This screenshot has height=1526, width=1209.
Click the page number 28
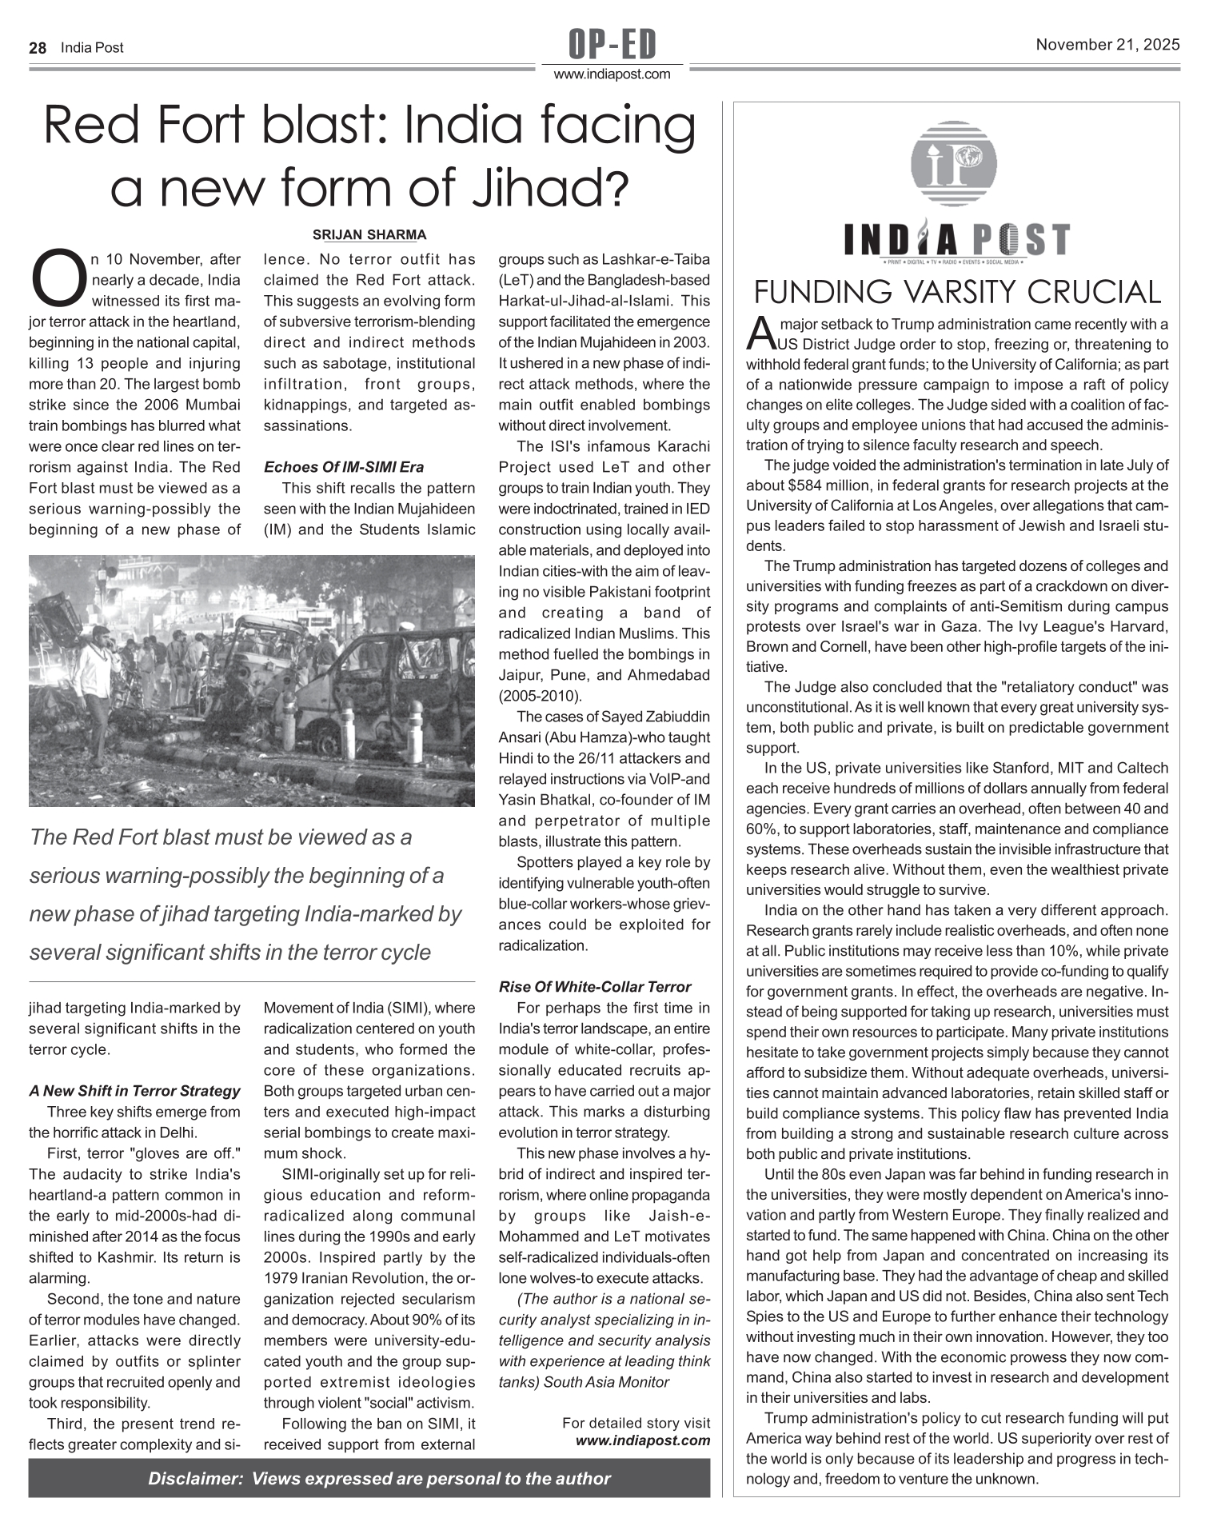pos(38,48)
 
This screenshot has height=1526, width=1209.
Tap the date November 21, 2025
pos(1107,45)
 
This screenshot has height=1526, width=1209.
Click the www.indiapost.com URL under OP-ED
pos(612,74)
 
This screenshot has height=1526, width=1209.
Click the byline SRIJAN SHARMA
pos(369,235)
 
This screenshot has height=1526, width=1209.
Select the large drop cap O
pos(58,278)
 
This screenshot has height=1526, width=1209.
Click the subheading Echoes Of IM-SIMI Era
pos(344,467)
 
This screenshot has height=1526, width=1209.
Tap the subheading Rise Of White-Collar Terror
pos(595,987)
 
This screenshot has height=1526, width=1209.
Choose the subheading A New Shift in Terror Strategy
pos(134,1091)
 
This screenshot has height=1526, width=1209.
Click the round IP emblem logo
pos(954,164)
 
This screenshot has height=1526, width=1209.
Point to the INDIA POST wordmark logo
pos(956,240)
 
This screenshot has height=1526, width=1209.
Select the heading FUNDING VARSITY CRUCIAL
pos(957,292)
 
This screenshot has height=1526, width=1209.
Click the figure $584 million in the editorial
pos(828,485)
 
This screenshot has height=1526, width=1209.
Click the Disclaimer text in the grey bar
pos(379,1479)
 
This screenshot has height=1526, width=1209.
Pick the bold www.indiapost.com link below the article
pos(643,1440)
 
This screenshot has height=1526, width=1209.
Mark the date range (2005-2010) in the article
pos(541,696)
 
